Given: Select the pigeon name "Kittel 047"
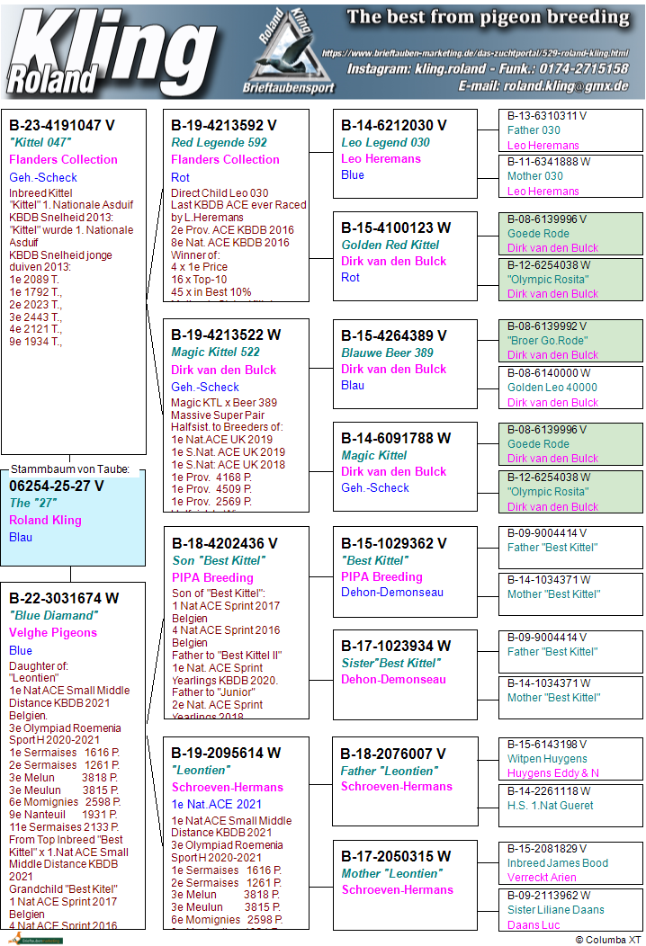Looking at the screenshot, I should coord(40,142).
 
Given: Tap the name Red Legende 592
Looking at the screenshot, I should coord(219,142).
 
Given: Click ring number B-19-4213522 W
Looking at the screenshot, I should coord(226,335).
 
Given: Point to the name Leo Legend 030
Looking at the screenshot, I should coord(385,142).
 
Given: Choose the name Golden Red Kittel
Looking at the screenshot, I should coord(390,245).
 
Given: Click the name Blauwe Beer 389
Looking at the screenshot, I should coord(387,353).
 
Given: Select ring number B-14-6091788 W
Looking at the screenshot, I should coord(396,438).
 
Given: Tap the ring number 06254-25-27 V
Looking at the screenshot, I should coord(57,486).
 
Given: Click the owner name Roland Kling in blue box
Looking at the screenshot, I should coord(45,520).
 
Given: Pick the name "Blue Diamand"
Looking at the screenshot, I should coord(52,615).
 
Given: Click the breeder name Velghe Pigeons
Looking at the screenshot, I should coord(53,632).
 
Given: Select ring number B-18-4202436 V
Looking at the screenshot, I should coord(224,543).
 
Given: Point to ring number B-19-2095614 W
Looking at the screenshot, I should coord(226,753).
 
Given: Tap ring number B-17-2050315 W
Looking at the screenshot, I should coord(396,856).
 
